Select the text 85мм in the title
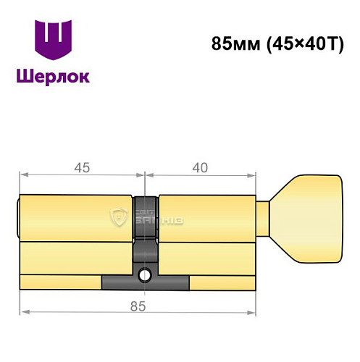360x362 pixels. pos(230,42)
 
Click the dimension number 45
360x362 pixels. pos(81,168)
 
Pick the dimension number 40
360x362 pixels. pos(201,168)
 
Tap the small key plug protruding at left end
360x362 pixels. pos(17,217)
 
